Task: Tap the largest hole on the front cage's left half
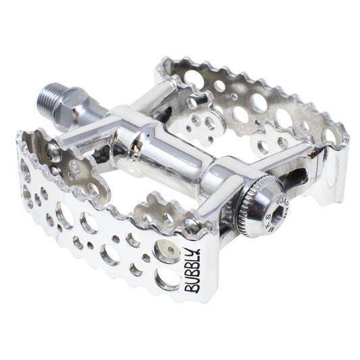[66, 215]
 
